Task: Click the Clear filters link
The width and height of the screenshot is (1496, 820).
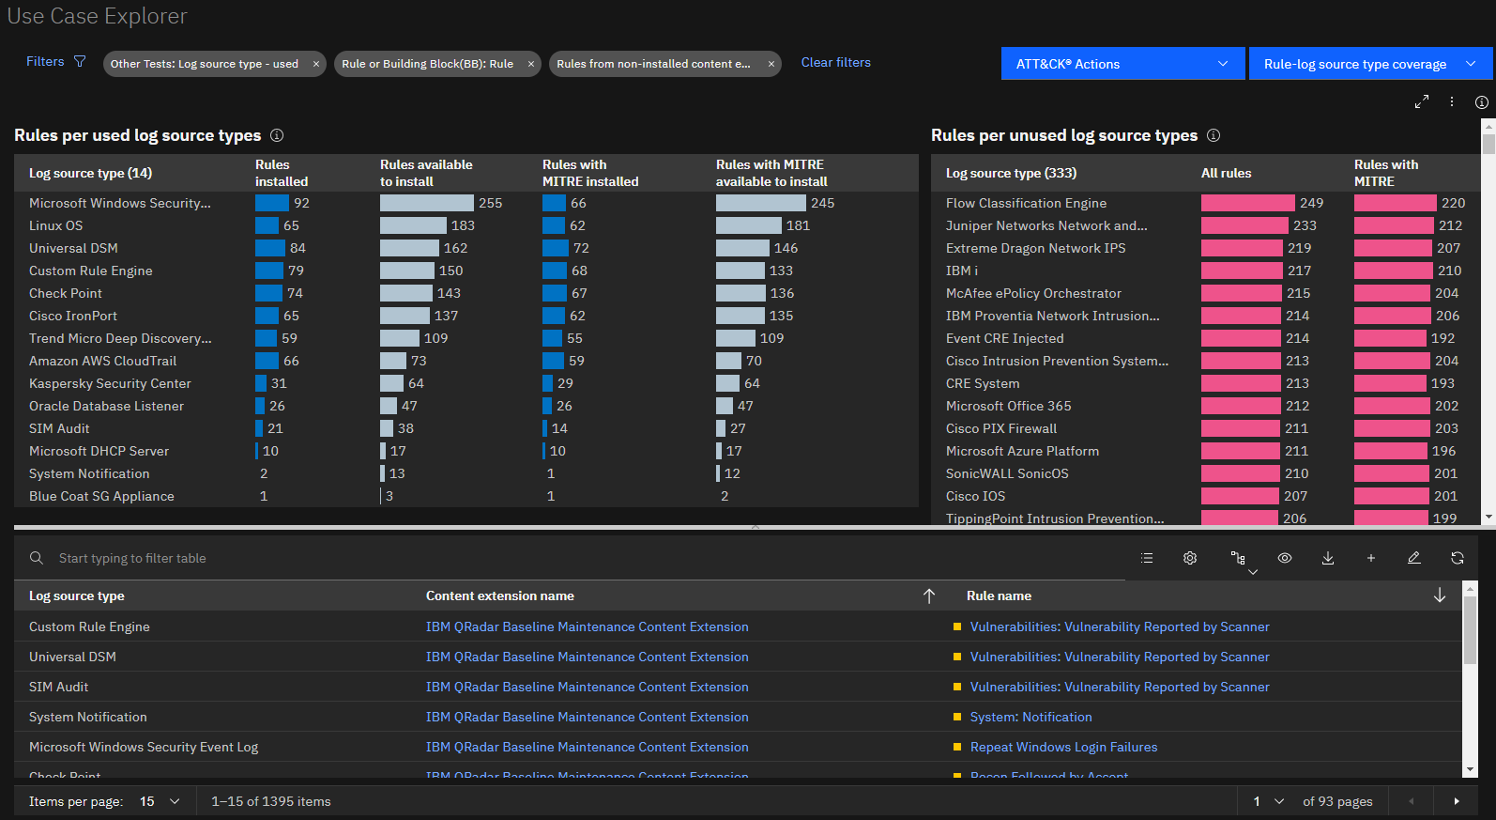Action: (835, 62)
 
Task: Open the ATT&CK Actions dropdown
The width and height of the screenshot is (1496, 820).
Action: (1122, 64)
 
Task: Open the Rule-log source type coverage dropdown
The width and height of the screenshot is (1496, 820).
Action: (1369, 64)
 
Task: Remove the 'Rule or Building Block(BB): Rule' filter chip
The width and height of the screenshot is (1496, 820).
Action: (530, 64)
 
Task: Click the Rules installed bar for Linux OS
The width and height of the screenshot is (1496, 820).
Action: (267, 225)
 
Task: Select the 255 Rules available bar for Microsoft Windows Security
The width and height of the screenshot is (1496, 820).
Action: (426, 203)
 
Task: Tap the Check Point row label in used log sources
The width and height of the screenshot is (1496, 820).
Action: (66, 293)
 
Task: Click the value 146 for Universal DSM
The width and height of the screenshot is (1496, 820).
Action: (786, 248)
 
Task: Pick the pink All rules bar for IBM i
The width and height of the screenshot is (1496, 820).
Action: (1242, 271)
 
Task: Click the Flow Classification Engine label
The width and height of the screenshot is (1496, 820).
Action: (1026, 203)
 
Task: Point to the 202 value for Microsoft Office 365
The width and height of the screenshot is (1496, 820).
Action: (1446, 406)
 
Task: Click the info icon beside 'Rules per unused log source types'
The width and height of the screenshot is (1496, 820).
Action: (1214, 135)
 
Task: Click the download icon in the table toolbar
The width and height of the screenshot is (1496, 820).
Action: (1328, 558)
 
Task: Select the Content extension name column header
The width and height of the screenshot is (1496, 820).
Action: (500, 596)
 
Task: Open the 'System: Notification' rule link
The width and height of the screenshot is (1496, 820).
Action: (1030, 717)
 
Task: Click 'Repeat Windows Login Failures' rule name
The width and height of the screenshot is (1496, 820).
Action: (1063, 747)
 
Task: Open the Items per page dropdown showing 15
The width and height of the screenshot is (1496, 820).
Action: (160, 801)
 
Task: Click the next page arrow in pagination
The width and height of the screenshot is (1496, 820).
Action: (1457, 801)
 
